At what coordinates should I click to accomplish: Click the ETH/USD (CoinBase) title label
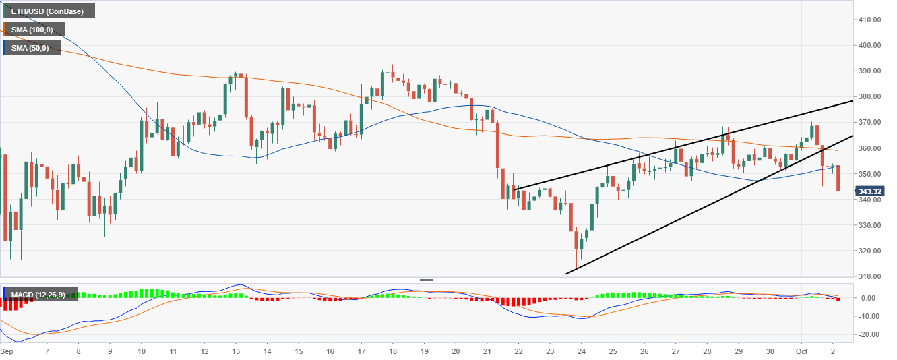pos(48,11)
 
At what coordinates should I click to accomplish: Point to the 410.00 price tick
pos(872,20)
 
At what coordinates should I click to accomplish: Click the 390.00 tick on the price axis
pos(872,71)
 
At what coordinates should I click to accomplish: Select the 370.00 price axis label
pos(872,123)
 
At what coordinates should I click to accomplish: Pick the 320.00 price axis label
pos(872,251)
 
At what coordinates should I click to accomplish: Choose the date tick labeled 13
pos(236,352)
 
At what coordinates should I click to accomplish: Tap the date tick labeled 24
pos(582,352)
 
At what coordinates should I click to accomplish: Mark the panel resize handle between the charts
pos(426,280)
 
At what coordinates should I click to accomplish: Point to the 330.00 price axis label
pos(872,225)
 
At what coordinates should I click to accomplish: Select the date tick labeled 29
pos(739,352)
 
